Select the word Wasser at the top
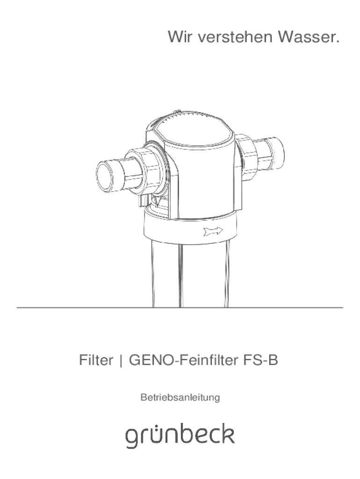[309, 36]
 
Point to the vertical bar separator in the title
[121, 361]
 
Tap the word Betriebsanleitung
[180, 398]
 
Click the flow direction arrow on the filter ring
[213, 231]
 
